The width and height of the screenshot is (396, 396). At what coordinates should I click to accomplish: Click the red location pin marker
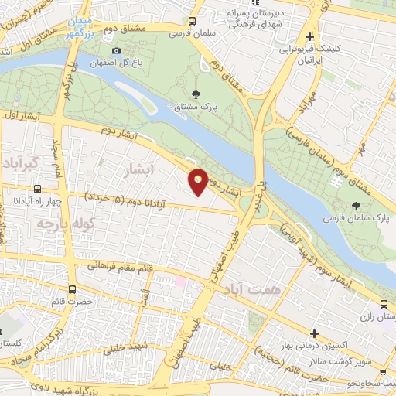pos(198,181)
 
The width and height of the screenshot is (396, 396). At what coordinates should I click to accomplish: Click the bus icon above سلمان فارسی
pos(193,22)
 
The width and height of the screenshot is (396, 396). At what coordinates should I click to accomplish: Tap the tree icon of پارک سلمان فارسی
pos(356,206)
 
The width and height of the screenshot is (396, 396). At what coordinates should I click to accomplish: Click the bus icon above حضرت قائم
pos(72,290)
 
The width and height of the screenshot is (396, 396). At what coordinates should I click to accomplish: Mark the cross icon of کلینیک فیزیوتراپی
pos(310,36)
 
